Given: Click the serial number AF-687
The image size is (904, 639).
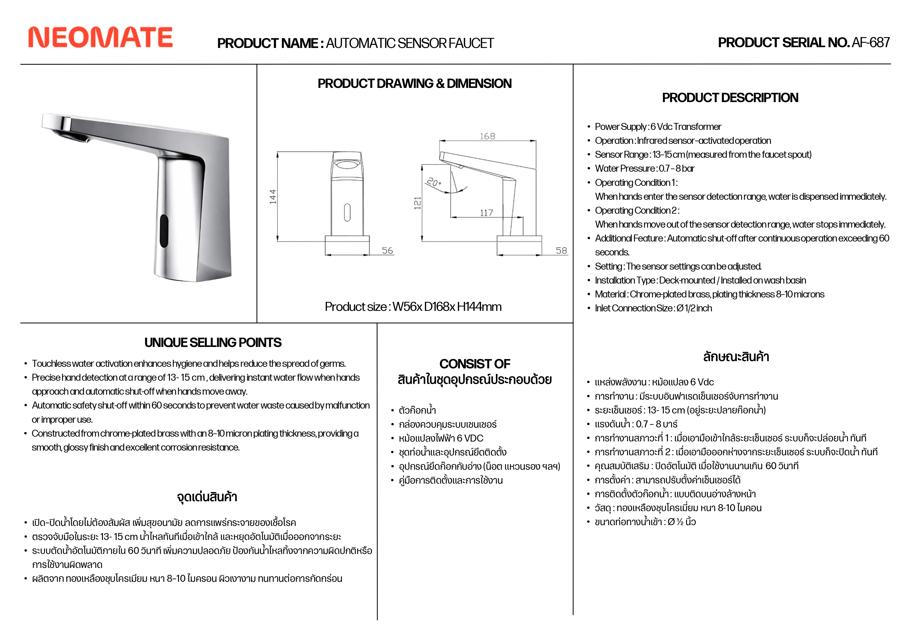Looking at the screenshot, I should [870, 43].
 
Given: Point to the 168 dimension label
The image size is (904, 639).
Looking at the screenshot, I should [487, 136].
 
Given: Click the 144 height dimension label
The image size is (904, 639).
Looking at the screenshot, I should [273, 197].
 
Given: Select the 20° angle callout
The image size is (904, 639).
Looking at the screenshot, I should [434, 182].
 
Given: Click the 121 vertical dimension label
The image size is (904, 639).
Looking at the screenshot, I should [417, 203].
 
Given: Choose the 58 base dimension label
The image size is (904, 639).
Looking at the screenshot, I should [561, 251].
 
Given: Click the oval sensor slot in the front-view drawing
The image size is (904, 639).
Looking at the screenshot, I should [347, 212].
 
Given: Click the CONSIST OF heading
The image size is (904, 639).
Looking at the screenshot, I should [475, 364].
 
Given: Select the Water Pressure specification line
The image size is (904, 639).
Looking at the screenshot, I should [645, 169].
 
